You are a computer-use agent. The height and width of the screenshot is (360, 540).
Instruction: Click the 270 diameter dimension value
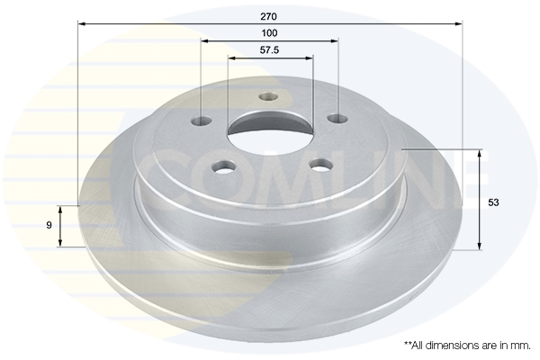click(269, 16)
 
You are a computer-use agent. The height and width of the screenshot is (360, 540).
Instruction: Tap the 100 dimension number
click(269, 33)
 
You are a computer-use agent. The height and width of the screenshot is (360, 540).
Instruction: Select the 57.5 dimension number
click(269, 50)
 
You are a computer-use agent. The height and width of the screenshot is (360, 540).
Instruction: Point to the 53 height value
click(493, 202)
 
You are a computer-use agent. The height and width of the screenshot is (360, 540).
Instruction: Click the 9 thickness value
click(49, 225)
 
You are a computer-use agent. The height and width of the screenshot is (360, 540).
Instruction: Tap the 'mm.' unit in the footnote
click(522, 346)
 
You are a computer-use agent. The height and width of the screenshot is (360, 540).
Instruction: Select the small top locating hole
click(268, 97)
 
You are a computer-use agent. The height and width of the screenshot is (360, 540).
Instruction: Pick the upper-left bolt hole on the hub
click(202, 121)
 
